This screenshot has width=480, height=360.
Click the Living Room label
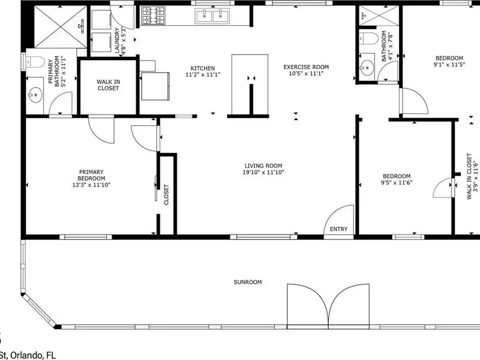pyautogui.click(x=263, y=166)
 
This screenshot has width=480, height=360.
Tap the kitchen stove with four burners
pyautogui.click(x=153, y=16)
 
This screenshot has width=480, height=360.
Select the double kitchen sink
pyautogui.click(x=213, y=16)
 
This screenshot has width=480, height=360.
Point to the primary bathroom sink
pyautogui.click(x=35, y=94)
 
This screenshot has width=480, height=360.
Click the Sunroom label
pyautogui.click(x=248, y=282)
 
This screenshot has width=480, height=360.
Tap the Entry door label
pyautogui.click(x=338, y=229)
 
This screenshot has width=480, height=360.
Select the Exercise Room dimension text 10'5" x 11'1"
pyautogui.click(x=306, y=73)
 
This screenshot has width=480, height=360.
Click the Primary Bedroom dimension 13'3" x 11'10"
pyautogui.click(x=91, y=185)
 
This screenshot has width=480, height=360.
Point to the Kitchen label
pyautogui.click(x=203, y=68)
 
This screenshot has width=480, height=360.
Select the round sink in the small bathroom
pyautogui.click(x=366, y=65)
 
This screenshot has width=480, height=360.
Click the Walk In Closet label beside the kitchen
pyautogui.click(x=108, y=85)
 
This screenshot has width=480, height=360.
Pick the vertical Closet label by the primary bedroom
pyautogui.click(x=166, y=194)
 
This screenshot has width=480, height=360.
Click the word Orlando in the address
pyautogui.click(x=27, y=355)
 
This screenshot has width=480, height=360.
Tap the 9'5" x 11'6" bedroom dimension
pyautogui.click(x=397, y=183)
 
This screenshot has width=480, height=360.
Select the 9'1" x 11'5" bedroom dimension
pyautogui.click(x=449, y=65)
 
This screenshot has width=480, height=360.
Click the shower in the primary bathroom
pyautogui.click(x=61, y=27)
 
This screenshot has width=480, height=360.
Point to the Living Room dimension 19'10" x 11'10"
pyautogui.click(x=263, y=172)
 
